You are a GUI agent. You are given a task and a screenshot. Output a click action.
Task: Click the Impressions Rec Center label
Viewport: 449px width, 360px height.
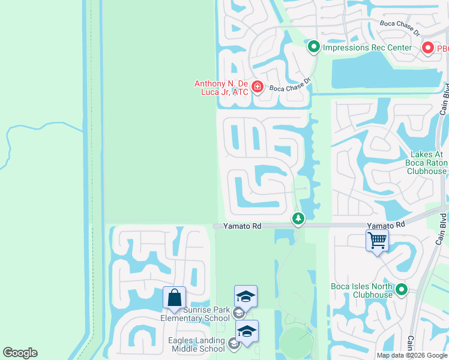pos(367,47)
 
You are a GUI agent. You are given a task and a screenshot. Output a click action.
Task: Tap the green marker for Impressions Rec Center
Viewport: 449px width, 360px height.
pos(313,46)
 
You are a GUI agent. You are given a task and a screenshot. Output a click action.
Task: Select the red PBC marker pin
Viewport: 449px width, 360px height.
pos(428,47)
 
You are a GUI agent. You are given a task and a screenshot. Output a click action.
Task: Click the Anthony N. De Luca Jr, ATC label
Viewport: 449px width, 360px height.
pos(221,88)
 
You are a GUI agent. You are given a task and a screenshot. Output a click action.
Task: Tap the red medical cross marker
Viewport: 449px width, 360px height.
pos(258,88)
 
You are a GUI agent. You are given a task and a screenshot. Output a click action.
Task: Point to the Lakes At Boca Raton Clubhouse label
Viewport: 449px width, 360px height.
pos(419,163)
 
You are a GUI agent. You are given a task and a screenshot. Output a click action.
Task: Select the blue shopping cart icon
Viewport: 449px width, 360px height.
pos(377,241)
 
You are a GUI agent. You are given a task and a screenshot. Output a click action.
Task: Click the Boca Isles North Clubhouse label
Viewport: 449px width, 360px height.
pos(361,290)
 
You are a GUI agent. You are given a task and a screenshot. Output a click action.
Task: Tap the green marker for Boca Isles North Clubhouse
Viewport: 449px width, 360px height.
pos(402,290)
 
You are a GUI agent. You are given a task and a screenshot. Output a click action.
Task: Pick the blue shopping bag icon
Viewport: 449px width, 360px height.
pos(174,298)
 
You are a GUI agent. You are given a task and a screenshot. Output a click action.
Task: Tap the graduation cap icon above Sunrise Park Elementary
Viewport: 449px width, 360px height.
pos(246,296)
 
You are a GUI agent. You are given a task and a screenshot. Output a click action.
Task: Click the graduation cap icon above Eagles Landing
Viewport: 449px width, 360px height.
pos(247,331)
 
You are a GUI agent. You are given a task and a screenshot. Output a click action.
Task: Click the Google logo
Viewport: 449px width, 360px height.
pos(20,353)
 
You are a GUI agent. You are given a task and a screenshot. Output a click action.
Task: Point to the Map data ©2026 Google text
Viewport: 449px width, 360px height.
pos(412,355)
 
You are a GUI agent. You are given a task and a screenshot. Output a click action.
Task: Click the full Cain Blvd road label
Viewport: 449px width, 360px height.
pos(444,98)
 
